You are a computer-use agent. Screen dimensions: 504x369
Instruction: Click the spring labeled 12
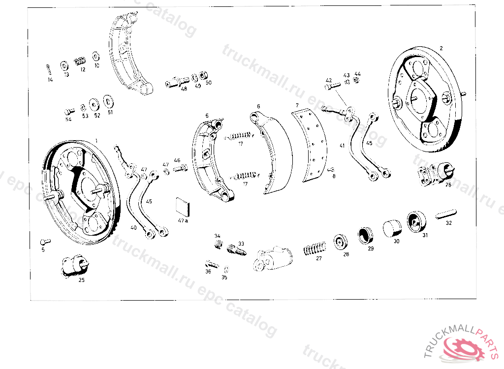pos(79,61)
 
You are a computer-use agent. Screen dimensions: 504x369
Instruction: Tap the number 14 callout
pos(50,80)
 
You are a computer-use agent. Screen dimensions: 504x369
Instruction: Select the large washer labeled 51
pos(108,101)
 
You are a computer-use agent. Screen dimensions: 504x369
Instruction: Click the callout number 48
pos(184,89)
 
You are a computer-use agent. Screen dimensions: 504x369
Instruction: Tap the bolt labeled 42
pos(332,86)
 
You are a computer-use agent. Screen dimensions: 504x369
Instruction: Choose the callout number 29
pos(371,248)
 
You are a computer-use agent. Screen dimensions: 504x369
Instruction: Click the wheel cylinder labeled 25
pos(74,266)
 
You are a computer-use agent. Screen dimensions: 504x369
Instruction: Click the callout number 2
pos(441,48)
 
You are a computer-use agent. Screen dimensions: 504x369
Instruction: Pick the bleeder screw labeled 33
pos(237,249)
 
